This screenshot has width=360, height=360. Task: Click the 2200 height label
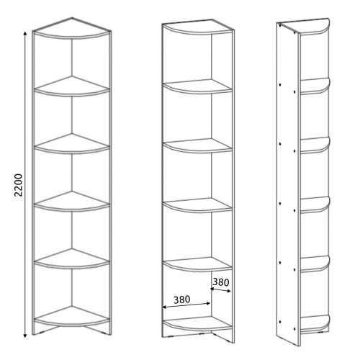click(x=19, y=185)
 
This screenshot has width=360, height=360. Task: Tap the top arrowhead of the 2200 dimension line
click(x=24, y=32)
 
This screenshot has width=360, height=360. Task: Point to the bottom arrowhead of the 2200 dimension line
click(x=24, y=336)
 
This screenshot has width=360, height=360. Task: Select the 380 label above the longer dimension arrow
click(x=181, y=300)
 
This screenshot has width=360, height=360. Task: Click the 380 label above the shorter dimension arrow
click(x=221, y=282)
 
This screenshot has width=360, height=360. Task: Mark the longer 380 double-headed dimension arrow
click(x=186, y=305)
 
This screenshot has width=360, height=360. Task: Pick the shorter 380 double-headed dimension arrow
click(x=220, y=290)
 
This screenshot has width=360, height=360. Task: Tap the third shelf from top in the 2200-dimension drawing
click(x=72, y=143)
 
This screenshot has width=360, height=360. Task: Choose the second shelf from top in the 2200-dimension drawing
click(x=72, y=86)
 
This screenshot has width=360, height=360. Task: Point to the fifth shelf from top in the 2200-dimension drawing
click(x=72, y=258)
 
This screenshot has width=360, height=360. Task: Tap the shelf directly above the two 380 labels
click(x=197, y=264)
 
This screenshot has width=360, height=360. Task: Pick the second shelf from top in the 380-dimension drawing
click(x=197, y=86)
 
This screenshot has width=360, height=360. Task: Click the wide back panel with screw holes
click(x=287, y=182)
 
